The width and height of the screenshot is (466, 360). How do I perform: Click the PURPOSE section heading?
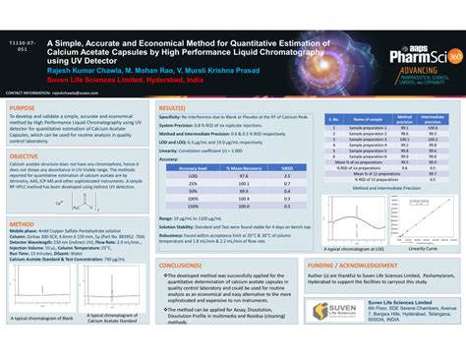point(24,107)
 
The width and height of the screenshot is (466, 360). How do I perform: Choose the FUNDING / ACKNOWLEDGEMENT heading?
point(356,266)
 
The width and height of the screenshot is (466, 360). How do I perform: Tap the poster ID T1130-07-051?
point(26,46)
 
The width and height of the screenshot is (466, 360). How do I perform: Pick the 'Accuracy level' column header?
point(192,168)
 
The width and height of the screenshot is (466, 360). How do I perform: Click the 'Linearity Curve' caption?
point(422,249)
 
